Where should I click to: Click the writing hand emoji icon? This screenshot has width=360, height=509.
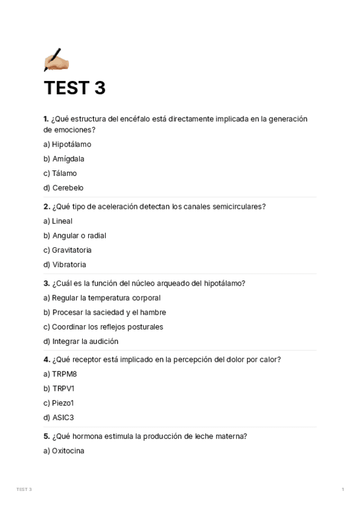[x=56, y=60]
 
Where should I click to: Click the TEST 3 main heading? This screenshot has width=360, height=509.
[x=74, y=88]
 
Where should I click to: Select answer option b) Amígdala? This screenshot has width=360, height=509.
[x=64, y=159]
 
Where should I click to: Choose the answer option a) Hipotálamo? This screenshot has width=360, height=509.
[x=67, y=145]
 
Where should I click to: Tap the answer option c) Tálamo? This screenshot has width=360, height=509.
[x=60, y=173]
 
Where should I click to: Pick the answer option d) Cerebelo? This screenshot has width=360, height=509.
[x=63, y=188]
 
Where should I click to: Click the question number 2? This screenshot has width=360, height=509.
[x=47, y=206]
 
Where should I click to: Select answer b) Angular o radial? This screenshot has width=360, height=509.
[x=74, y=236]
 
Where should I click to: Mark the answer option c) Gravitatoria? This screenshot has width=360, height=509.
[x=67, y=250]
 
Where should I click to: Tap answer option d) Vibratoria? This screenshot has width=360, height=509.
[x=65, y=265]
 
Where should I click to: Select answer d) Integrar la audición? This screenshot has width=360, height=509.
[x=80, y=342]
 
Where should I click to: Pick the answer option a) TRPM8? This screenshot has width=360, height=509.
[x=60, y=374]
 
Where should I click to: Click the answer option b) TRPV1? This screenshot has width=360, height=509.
[x=59, y=388]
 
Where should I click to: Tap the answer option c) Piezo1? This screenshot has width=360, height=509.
[x=58, y=403]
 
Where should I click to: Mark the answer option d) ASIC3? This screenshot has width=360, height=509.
[x=58, y=417]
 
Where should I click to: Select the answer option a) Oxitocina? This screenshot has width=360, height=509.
[x=64, y=451]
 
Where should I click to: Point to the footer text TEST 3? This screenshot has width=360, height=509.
[x=24, y=489]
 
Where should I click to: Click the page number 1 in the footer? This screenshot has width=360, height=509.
[x=343, y=489]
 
